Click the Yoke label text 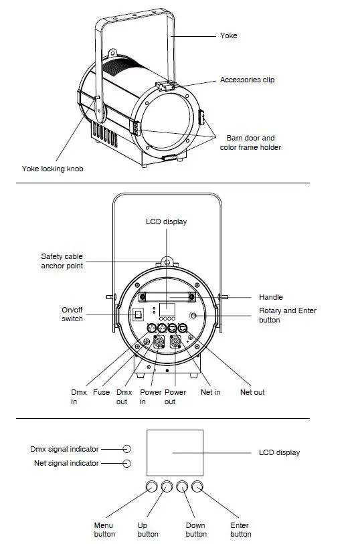click(228, 35)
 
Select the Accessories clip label click(247, 80)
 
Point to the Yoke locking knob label click(53, 169)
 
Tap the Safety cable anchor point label click(62, 261)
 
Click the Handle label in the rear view click(271, 296)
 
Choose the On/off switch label click(72, 314)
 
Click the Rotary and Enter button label click(288, 315)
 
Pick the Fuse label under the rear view click(102, 392)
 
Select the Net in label click(211, 392)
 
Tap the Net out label click(252, 392)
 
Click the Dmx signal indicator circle click(126, 449)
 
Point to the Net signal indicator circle click(126, 463)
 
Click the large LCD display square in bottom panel click(174, 452)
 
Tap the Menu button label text click(104, 530)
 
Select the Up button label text click(148, 530)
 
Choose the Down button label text click(195, 530)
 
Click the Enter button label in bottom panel click(240, 530)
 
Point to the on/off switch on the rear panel click(137, 314)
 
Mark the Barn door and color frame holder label click(250, 143)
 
